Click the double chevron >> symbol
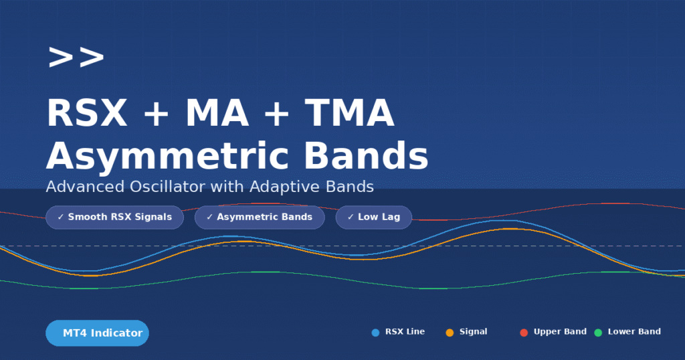[76, 58]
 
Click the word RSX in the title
[86, 113]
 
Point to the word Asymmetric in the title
[169, 157]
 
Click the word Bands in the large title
[366, 157]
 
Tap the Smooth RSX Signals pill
[114, 217]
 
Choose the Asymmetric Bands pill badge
[260, 217]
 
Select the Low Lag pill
[373, 217]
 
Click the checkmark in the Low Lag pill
[351, 217]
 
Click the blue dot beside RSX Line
[375, 333]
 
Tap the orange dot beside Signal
[450, 333]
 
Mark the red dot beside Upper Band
[524, 333]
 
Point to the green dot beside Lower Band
[598, 333]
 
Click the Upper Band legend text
[560, 332]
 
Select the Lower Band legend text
[634, 332]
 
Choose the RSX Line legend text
[405, 332]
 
